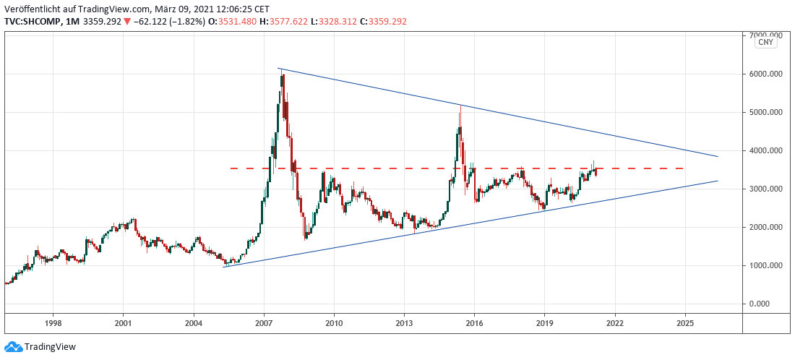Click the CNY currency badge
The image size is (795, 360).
(765, 43)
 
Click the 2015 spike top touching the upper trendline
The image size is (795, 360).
(460, 107)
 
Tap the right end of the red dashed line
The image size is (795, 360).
(683, 168)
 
